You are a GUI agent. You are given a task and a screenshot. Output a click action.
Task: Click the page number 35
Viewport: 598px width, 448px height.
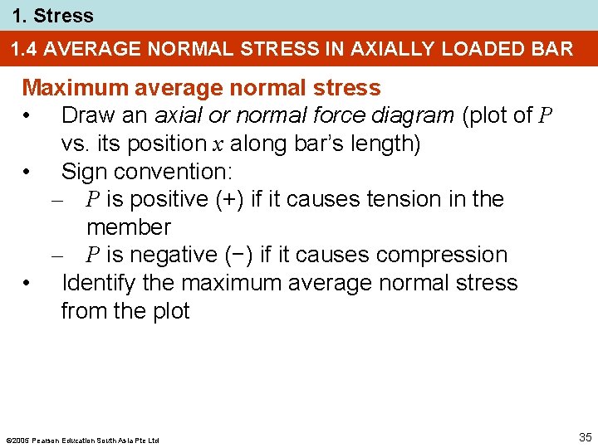(x=585, y=437)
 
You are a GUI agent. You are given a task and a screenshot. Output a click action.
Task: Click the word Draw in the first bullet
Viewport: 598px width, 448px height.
(x=86, y=115)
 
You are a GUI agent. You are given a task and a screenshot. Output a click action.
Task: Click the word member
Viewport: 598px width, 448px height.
(x=128, y=227)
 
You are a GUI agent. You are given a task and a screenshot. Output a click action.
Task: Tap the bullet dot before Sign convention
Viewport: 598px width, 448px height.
(x=28, y=172)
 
